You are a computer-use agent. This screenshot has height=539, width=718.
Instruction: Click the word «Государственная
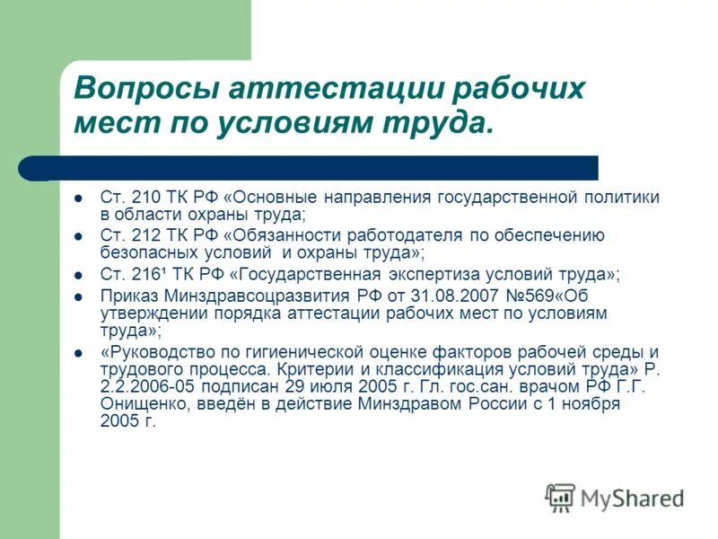(310, 274)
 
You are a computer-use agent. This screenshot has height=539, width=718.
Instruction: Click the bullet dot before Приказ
(79, 296)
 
